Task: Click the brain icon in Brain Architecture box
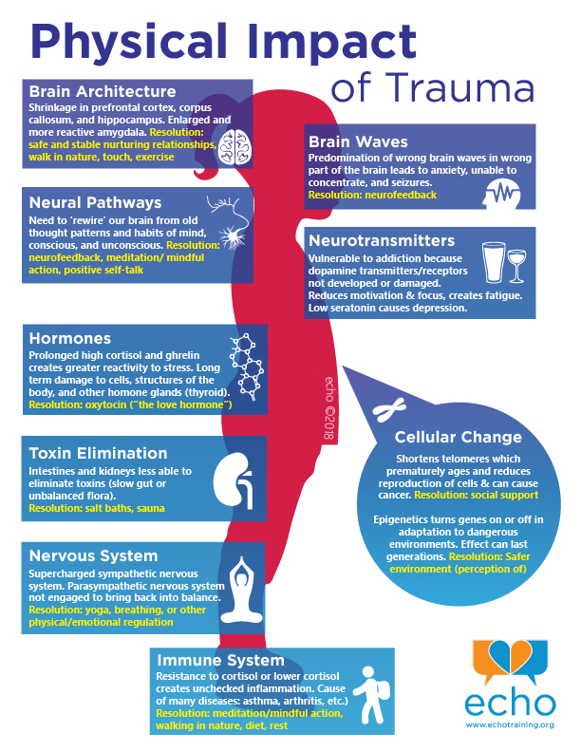(x=234, y=147)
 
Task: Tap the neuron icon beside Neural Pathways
(x=228, y=221)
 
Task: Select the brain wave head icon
(x=502, y=195)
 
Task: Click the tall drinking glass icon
(x=494, y=262)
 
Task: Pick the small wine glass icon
(x=516, y=266)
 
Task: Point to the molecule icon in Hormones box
(x=247, y=367)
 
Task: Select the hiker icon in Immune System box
(x=371, y=694)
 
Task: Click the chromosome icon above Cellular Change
(x=389, y=410)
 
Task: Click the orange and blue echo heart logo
(x=510, y=661)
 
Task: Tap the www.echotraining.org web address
(x=510, y=724)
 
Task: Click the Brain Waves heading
(x=358, y=142)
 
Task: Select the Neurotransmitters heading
(x=382, y=241)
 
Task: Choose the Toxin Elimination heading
(x=99, y=453)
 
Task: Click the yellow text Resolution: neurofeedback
(x=372, y=196)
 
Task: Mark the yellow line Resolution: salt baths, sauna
(x=97, y=508)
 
